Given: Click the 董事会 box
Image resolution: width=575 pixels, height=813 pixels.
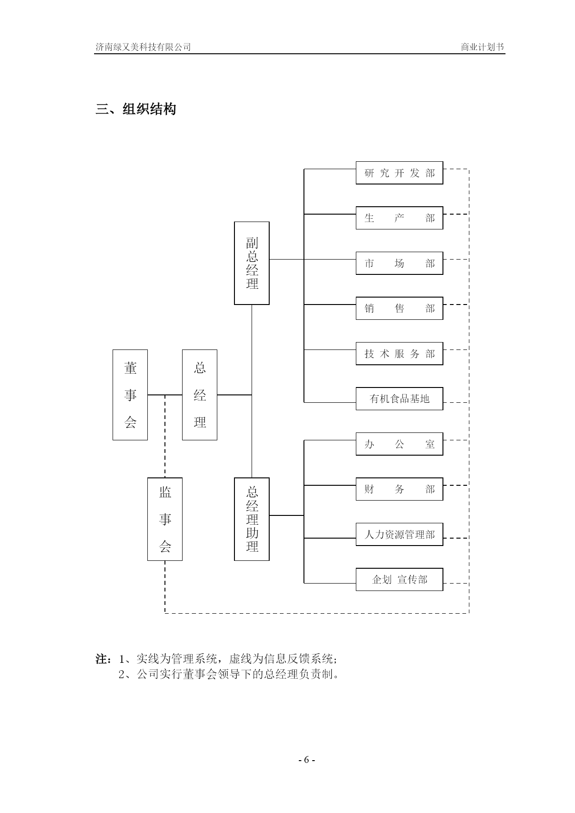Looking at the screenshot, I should point(130,395).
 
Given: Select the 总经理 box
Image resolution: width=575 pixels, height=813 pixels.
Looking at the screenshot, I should point(200,395).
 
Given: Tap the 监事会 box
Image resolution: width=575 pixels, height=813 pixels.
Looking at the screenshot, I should point(165,519).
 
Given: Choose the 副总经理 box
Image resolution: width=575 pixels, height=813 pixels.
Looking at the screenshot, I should point(252,263).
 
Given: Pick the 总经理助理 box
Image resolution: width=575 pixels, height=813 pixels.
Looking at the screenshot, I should point(252,519).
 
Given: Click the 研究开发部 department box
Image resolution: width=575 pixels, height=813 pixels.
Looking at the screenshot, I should point(399,173).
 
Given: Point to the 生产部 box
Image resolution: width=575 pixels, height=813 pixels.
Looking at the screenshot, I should point(399,218).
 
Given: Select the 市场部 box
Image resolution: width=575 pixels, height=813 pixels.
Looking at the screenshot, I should point(399,263).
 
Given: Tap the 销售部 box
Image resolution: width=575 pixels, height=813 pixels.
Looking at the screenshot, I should point(399,308).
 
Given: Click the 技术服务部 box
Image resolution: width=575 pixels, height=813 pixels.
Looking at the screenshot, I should point(399,354).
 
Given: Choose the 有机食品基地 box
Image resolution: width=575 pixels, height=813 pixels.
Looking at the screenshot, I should point(399,399).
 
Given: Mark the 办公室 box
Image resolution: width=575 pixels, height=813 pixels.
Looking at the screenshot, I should point(399,444).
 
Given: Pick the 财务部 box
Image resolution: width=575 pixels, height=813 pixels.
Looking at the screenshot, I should point(399,489).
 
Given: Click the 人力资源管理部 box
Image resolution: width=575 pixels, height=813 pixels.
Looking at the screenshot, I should point(399,534).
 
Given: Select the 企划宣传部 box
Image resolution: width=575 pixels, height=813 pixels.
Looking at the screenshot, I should point(399,579).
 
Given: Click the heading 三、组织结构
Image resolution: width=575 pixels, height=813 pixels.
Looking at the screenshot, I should point(136,109).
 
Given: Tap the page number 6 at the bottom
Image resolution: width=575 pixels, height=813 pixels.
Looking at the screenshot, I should point(306,760).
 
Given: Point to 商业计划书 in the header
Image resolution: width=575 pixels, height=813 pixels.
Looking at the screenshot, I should point(482,47).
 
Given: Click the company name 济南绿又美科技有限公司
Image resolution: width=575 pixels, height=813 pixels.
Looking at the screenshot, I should point(143,47).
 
